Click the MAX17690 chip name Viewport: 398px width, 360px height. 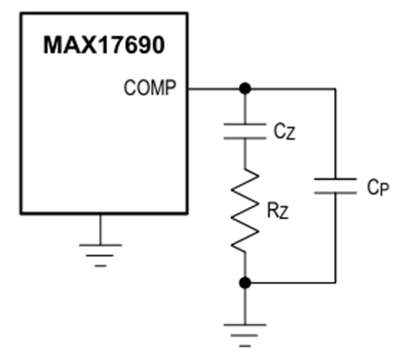pos(104,45)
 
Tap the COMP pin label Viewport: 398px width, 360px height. pos(149,87)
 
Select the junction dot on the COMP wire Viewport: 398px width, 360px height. pos(245,88)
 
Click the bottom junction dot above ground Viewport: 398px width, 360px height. pos(245,282)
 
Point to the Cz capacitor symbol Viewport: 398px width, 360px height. pos(245,131)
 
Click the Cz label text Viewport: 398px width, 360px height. pos(284,132)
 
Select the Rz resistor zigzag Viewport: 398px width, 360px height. pos(245,210)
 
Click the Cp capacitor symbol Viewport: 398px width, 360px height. pos(335,186)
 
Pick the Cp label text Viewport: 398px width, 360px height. pos(378,188)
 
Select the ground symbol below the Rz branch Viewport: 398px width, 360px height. pos(245,335)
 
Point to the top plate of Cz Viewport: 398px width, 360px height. pos(245,124)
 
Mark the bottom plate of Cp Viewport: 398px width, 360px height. pos(335,193)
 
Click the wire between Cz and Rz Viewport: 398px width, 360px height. pos(245,154)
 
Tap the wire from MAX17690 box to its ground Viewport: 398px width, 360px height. pos(100,229)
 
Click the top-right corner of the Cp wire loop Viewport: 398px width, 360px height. pos(335,89)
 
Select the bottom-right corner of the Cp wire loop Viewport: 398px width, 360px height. pos(335,282)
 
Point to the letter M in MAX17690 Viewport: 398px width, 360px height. pos(53,45)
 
